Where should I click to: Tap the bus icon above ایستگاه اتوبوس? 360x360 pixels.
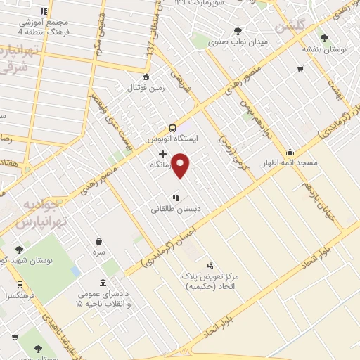pos(172,128)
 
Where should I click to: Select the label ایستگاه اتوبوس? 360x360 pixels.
pos(173,139)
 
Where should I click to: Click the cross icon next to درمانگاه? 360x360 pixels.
pos(163,154)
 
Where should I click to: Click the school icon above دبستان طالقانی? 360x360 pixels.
pos(176,198)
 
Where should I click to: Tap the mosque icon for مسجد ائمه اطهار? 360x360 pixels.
pos(290,152)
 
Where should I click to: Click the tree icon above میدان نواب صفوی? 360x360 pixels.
pos(238,30)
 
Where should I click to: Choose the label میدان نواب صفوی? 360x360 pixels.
pos(238,42)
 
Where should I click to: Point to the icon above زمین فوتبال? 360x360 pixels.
pos(146,77)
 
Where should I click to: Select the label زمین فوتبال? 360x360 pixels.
pos(145,89)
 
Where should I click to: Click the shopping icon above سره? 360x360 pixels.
pos(98,240)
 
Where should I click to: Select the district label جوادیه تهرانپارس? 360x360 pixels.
pos(43,215)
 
